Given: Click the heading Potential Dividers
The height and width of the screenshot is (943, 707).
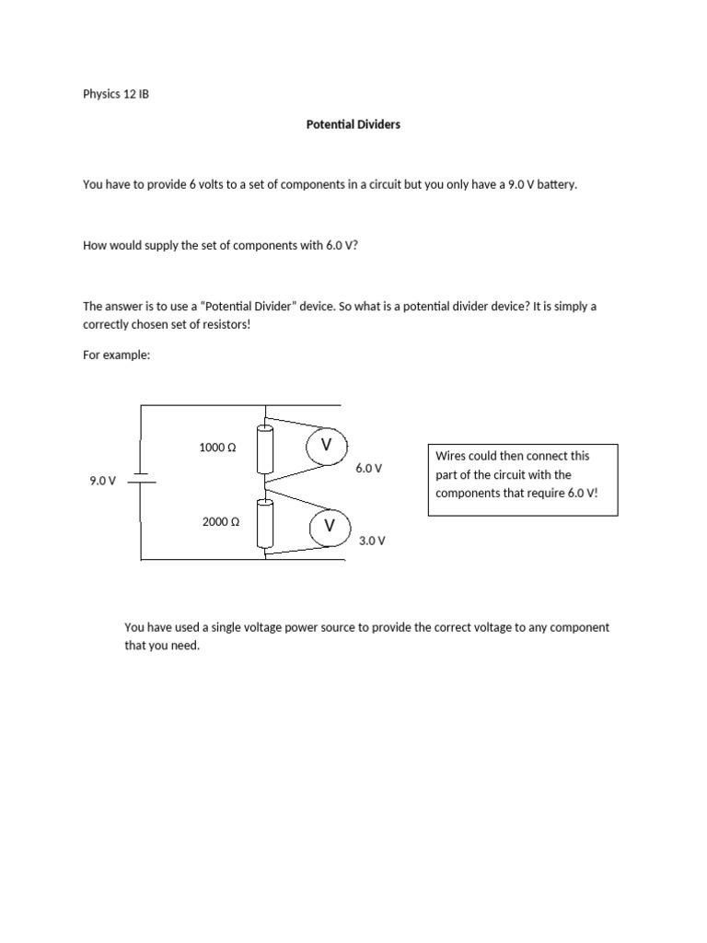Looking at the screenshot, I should (x=353, y=124).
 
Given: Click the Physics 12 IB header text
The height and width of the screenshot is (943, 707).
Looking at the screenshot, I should (x=115, y=95).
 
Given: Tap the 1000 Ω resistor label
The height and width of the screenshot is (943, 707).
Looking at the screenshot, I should (x=217, y=448).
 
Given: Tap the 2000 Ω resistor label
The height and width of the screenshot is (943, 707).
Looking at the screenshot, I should (x=220, y=521).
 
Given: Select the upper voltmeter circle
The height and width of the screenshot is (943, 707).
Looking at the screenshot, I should (x=325, y=446).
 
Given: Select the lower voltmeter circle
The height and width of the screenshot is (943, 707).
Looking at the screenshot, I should (x=328, y=526).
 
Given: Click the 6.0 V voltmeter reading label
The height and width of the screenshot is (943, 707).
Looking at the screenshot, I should (x=368, y=468).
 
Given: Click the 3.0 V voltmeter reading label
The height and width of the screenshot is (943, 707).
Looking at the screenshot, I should (x=372, y=541).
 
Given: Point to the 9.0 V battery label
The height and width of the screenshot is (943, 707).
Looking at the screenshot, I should (x=102, y=481).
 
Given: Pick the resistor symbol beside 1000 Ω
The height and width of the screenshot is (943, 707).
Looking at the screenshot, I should (x=266, y=447).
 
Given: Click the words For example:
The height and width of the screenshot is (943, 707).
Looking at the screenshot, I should (x=116, y=355).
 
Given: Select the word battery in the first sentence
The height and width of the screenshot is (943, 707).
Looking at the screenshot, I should (x=556, y=184).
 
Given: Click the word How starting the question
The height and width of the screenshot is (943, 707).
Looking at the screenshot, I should (x=95, y=246).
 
